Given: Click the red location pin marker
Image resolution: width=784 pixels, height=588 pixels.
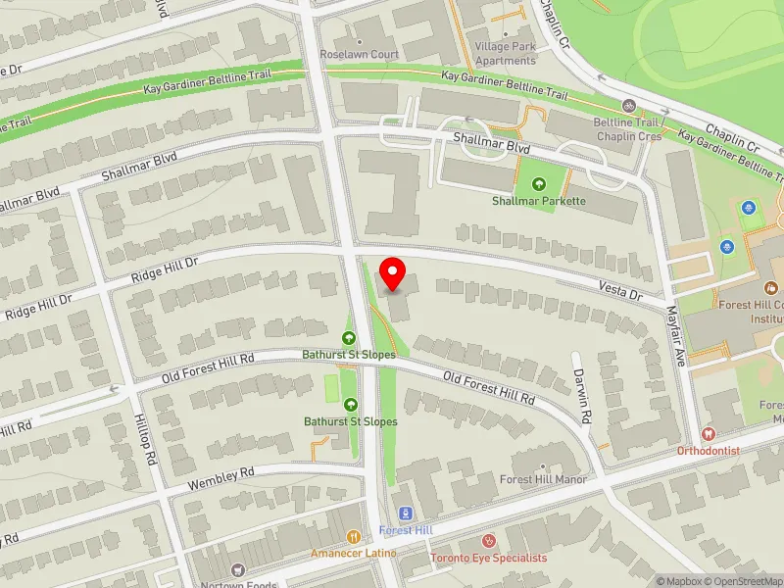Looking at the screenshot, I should tap(393, 273).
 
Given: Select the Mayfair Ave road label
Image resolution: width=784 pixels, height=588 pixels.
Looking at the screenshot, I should tap(676, 336).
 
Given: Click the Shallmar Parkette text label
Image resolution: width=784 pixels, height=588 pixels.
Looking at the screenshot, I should tap(538, 202).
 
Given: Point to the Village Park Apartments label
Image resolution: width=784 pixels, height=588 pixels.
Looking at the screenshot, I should tap(505, 53).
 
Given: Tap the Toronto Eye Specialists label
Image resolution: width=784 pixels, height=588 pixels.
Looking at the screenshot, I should tap(489, 558).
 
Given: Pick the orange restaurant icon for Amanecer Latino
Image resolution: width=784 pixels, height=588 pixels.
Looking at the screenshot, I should tap(354, 537).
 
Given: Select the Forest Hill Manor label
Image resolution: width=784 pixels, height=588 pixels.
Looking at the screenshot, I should tap(543, 479).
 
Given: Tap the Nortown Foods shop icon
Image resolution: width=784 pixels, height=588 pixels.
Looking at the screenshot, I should tap(236, 569).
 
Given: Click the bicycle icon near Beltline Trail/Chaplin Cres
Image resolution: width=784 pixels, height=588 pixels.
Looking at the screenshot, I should tap(629, 106).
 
